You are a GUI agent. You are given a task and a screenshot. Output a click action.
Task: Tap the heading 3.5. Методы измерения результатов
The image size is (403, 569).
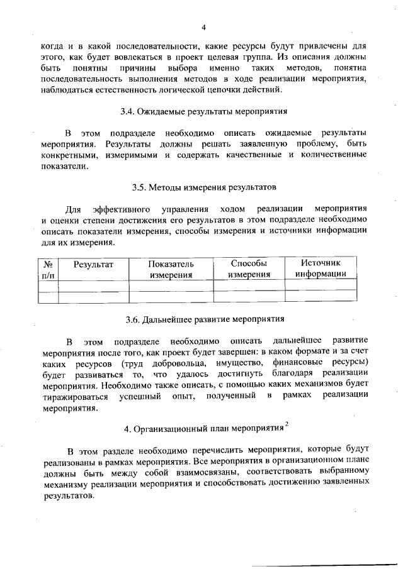click(204, 187)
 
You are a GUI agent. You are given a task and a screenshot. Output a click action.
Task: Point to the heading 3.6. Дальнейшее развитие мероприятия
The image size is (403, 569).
click(204, 319)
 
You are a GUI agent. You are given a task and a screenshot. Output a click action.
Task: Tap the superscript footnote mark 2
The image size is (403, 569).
click(287, 425)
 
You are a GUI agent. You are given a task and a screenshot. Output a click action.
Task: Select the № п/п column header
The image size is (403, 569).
click(48, 269)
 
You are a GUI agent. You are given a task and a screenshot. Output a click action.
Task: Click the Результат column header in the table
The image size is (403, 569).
click(93, 265)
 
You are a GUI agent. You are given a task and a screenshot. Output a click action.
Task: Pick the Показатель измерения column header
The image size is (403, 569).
click(171, 269)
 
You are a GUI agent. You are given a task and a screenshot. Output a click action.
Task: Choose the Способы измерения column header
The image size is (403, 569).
click(249, 269)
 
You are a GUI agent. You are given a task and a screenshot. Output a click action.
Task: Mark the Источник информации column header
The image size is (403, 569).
click(321, 269)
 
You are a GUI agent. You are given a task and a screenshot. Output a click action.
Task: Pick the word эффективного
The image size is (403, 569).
click(120, 209)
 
